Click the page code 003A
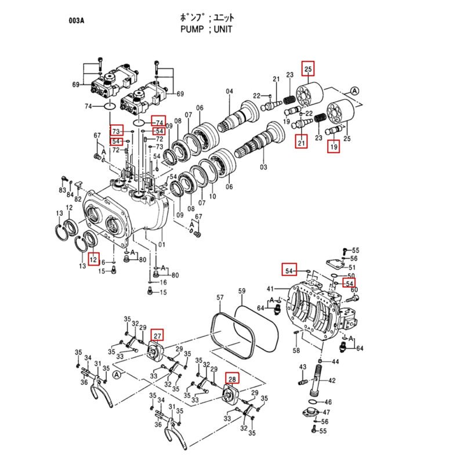77,21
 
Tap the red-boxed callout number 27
158,335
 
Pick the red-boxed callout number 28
232,379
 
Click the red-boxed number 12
93,257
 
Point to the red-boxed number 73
117,130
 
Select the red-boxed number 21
301,142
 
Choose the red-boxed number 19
334,147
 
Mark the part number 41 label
270,289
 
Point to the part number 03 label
264,167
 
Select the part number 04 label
229,92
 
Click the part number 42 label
332,381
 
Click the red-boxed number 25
309,70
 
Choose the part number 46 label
328,401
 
